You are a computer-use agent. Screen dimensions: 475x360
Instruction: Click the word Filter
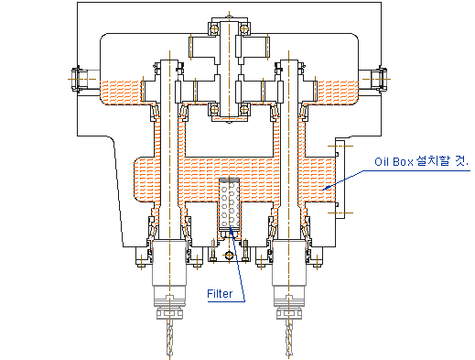tap(220, 294)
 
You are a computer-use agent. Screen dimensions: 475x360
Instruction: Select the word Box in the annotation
tap(399, 161)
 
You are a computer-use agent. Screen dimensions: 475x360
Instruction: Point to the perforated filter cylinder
tap(229, 204)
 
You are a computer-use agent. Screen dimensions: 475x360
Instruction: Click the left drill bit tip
tap(170, 355)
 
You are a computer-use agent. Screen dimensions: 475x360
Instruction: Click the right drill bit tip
tap(289, 355)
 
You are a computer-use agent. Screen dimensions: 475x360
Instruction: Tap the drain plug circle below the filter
tap(229, 256)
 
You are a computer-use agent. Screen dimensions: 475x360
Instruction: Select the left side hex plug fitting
tap(76, 79)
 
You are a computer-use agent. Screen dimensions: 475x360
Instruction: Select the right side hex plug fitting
tap(382, 79)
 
